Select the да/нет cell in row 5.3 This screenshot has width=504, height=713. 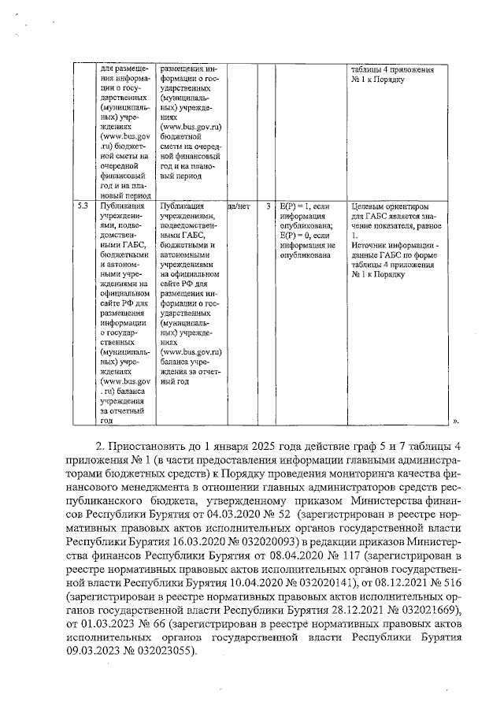[x=239, y=207]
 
